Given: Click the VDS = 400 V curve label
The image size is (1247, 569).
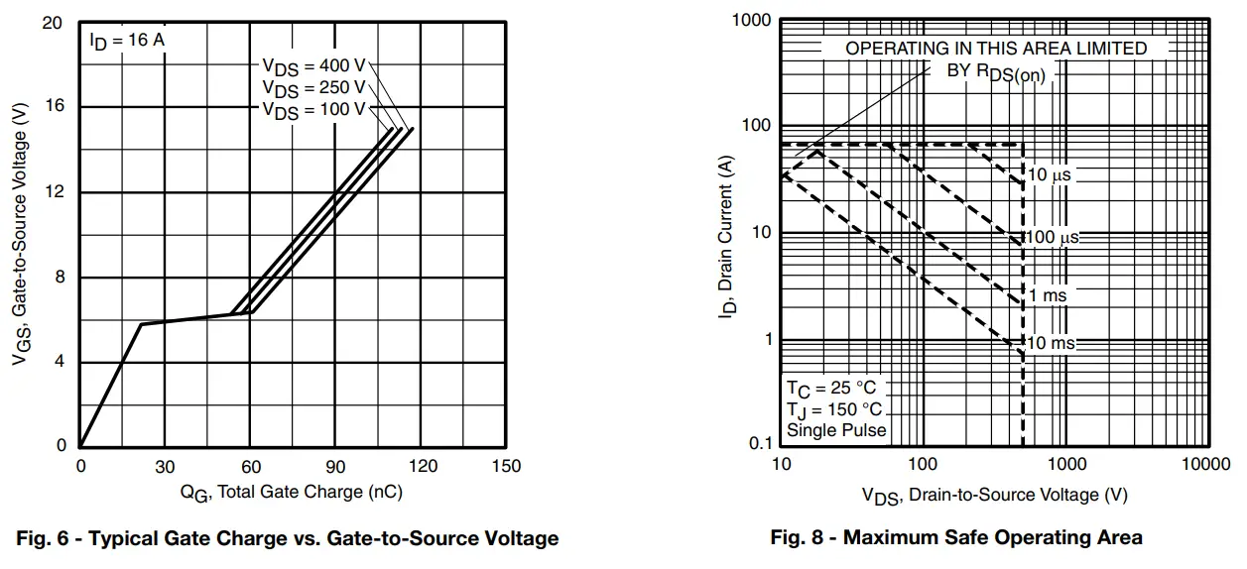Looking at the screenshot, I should (313, 65).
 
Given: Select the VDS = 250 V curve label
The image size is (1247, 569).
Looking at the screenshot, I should (313, 87).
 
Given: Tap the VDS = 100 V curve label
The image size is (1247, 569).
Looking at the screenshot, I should (313, 109).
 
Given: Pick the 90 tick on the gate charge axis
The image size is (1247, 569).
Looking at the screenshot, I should (335, 467).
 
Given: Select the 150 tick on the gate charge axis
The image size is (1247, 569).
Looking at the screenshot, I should (506, 467).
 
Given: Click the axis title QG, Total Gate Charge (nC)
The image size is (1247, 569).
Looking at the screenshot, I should (291, 492).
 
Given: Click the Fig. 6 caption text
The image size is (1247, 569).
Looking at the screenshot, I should (289, 538).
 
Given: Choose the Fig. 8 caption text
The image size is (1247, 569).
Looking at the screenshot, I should (956, 538).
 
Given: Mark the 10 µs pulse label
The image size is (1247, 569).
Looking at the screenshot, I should (1050, 175).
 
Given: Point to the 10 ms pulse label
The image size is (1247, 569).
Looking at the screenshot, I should (1051, 343).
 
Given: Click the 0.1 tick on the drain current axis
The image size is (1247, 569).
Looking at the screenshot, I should (760, 445).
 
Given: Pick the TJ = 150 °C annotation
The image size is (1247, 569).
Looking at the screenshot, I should (834, 409).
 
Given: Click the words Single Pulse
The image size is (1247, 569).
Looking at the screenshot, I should (836, 430).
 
